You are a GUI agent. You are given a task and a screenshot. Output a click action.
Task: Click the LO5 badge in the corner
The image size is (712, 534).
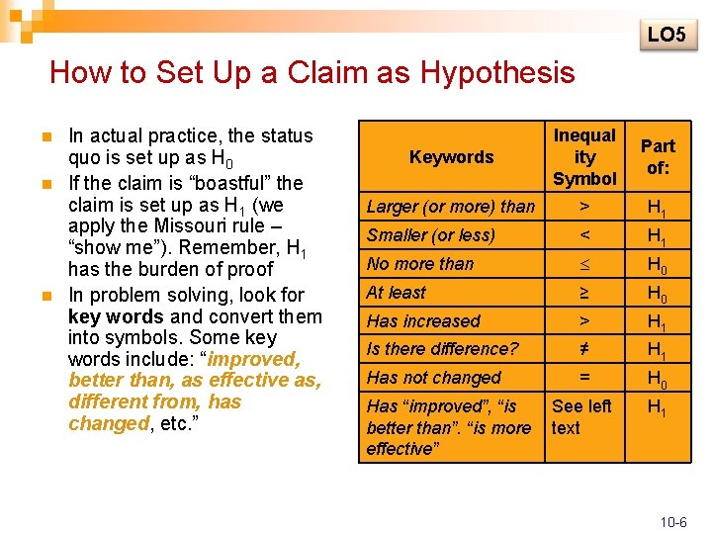pyautogui.click(x=666, y=35)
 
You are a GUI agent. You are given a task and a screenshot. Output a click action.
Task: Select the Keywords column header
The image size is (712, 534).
pyautogui.click(x=451, y=157)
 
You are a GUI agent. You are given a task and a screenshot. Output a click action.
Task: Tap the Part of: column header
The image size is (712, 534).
pyautogui.click(x=658, y=157)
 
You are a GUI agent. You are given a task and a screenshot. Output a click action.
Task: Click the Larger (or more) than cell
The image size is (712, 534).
pyautogui.click(x=450, y=207)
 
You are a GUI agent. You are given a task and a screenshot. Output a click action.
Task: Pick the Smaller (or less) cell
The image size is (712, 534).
pyautogui.click(x=431, y=235)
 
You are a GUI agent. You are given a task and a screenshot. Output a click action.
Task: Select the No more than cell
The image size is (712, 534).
pyautogui.click(x=420, y=264)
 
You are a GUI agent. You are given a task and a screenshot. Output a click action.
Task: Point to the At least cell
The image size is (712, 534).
pyautogui.click(x=397, y=293)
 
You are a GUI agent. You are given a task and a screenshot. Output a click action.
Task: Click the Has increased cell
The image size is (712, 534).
pyautogui.click(x=423, y=321)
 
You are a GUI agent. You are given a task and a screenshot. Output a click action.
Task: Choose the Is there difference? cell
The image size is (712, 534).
pyautogui.click(x=442, y=349)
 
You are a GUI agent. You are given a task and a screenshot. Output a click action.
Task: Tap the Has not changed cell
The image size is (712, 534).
pyautogui.click(x=434, y=378)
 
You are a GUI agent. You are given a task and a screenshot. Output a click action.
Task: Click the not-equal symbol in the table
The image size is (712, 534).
pyautogui.click(x=584, y=349)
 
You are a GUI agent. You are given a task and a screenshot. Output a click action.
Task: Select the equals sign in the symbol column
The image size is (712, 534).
pyautogui.click(x=584, y=378)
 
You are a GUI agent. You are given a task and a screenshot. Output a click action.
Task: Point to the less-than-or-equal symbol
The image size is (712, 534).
pyautogui.click(x=584, y=265)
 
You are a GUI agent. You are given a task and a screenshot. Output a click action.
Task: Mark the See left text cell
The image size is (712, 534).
pyautogui.click(x=581, y=417)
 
